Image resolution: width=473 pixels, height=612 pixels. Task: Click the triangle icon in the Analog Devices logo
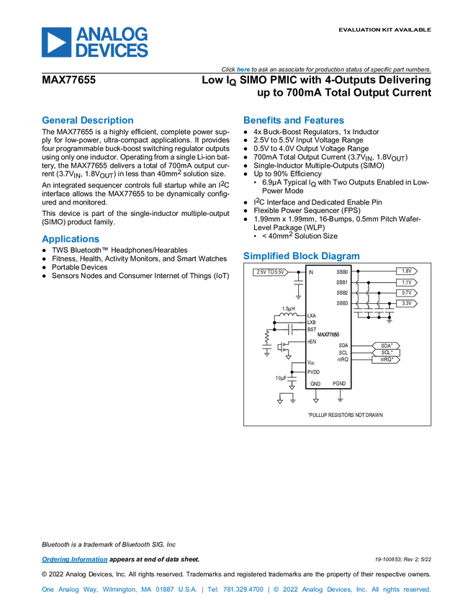[55, 42]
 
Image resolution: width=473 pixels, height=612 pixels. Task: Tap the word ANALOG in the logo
[112, 33]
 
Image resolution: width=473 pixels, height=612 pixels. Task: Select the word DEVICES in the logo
[112, 51]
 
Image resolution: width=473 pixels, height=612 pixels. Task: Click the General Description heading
[88, 121]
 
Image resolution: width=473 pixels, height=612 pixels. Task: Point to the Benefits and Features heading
[293, 121]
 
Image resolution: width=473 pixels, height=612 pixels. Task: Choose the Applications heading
[70, 239]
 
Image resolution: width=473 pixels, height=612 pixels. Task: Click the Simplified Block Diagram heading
[301, 256]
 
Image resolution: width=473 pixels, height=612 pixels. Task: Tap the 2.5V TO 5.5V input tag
[270, 272]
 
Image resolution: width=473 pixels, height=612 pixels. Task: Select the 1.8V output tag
[406, 271]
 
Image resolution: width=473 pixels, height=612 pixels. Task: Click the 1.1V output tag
[406, 282]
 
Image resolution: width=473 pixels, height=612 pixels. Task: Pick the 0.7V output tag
[406, 293]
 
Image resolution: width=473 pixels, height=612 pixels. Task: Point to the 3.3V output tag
[406, 304]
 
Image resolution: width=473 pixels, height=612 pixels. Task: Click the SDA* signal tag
[386, 346]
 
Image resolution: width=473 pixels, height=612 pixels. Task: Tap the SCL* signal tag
[386, 353]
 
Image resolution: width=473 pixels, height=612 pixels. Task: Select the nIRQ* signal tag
[386, 359]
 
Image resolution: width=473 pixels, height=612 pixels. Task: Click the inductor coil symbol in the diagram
[289, 315]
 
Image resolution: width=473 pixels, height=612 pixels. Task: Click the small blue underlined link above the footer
[74, 559]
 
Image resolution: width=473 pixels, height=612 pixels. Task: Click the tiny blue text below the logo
[243, 70]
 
